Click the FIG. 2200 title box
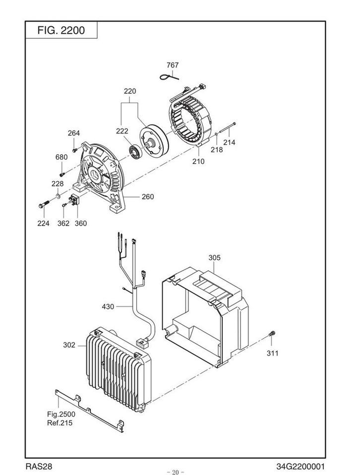[61, 30]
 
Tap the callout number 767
[173, 65]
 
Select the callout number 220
[130, 91]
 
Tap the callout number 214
[229, 142]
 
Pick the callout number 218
[217, 149]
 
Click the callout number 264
[74, 133]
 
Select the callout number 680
[61, 157]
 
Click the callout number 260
[147, 197]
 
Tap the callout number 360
[80, 223]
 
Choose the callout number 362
[63, 223]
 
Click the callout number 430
[108, 307]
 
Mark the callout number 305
[214, 258]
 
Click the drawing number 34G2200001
[301, 467]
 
